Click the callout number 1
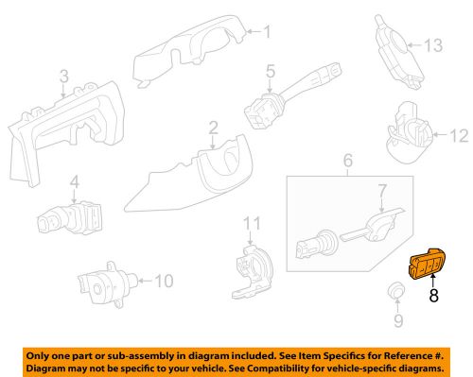(266, 33)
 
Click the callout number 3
(63, 75)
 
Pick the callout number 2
(213, 126)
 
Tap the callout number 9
(396, 320)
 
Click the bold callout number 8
(434, 295)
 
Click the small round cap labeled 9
(397, 290)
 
